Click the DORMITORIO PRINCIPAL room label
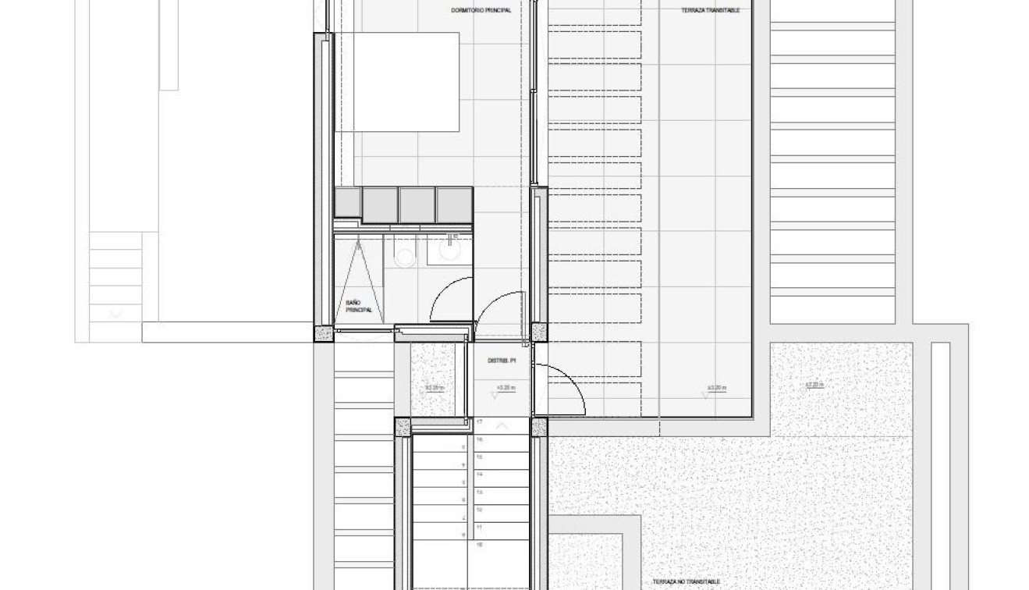pyautogui.click(x=481, y=11)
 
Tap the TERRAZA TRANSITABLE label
pyautogui.click(x=711, y=11)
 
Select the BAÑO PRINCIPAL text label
pyautogui.click(x=358, y=306)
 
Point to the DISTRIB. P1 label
pyautogui.click(x=502, y=361)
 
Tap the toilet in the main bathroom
pyautogui.click(x=404, y=254)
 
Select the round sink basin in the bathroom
pyautogui.click(x=450, y=251)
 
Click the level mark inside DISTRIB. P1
pyautogui.click(x=502, y=388)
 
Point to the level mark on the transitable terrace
pyautogui.click(x=716, y=388)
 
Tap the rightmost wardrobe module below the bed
pyautogui.click(x=454, y=204)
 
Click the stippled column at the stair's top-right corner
pyautogui.click(x=538, y=427)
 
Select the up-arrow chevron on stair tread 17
pyautogui.click(x=502, y=425)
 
